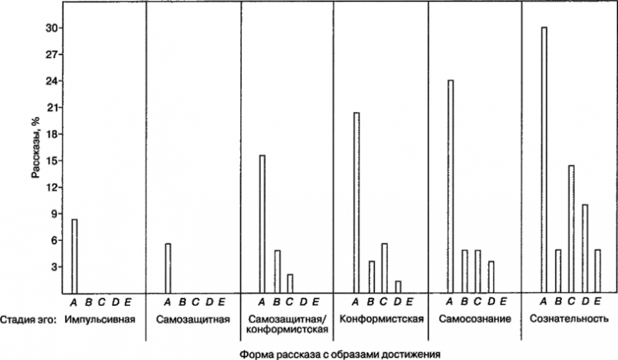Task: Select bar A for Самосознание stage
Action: pyautogui.click(x=450, y=187)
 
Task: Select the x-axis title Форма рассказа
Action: pyautogui.click(x=340, y=353)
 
